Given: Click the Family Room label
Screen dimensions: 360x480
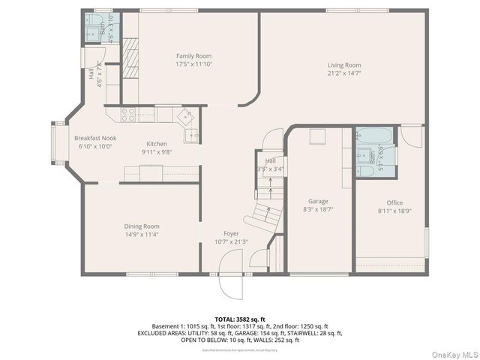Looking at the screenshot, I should pos(193,55).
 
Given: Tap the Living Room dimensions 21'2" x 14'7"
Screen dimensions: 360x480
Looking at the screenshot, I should pos(344,73).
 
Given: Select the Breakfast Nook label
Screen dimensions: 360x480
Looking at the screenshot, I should pos(94,138).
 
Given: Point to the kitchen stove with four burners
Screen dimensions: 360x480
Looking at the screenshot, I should pos(128,115).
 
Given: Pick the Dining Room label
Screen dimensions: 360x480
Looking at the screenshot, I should pos(141,226).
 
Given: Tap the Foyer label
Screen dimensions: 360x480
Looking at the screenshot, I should pos(231,233).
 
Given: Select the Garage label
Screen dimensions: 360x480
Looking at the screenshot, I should pos(318,201).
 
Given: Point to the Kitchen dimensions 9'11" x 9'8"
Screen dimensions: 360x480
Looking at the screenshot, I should pos(157,152).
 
